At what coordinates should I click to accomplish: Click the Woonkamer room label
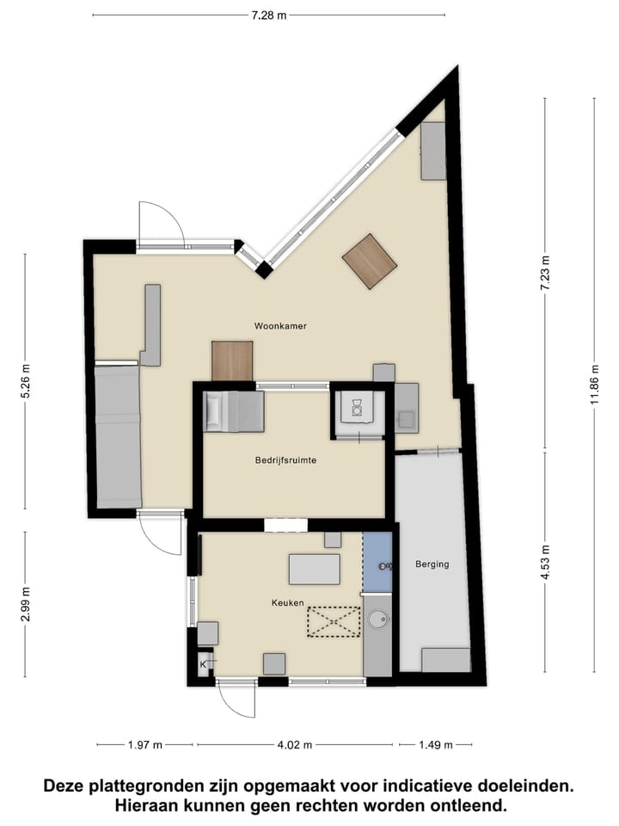[x=280, y=326]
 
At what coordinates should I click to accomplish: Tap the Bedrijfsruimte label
[x=287, y=460]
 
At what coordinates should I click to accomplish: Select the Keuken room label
[x=289, y=603]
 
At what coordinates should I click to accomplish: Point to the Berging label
[x=432, y=564]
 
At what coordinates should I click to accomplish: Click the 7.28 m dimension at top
[x=268, y=15]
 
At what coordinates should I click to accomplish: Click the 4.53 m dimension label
[x=544, y=560]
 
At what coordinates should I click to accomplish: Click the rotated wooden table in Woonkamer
[x=370, y=261]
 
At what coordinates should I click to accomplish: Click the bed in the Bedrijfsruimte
[x=234, y=411]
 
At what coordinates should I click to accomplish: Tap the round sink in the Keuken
[x=377, y=619]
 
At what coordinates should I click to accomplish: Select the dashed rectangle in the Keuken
[x=333, y=621]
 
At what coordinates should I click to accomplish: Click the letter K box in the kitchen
[x=204, y=664]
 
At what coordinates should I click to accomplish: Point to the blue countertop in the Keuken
[x=377, y=562]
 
